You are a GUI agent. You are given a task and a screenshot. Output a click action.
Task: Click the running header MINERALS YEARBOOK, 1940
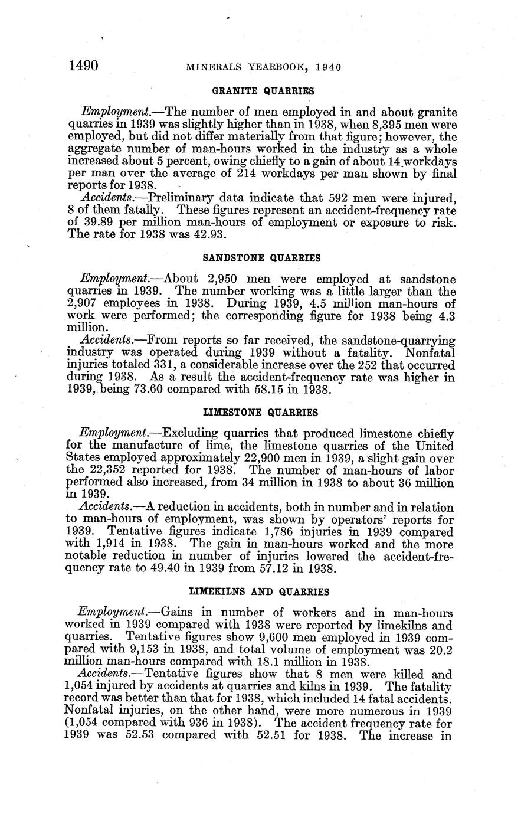coord(263,67)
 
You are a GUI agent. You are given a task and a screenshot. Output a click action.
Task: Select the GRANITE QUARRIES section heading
coord(263,91)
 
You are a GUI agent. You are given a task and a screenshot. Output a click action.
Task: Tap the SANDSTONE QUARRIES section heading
coord(262,258)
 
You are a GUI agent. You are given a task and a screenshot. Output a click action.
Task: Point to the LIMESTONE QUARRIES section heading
coord(261,412)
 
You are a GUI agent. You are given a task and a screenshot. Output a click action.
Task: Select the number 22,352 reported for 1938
coord(107,470)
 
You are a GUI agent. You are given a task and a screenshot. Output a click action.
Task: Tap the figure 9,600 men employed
coord(284,638)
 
